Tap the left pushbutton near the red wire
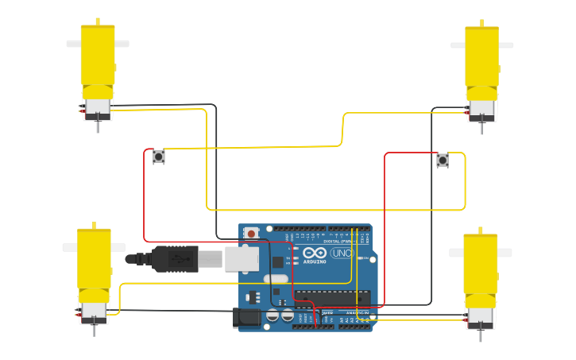tap(158, 157)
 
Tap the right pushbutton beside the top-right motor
tap(443, 161)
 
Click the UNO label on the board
tap(342, 253)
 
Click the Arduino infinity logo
tap(315, 252)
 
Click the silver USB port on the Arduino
tap(242, 258)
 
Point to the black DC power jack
tap(247, 318)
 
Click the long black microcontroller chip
tap(331, 296)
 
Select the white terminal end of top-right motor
tap(481, 111)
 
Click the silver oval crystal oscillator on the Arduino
tap(275, 279)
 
